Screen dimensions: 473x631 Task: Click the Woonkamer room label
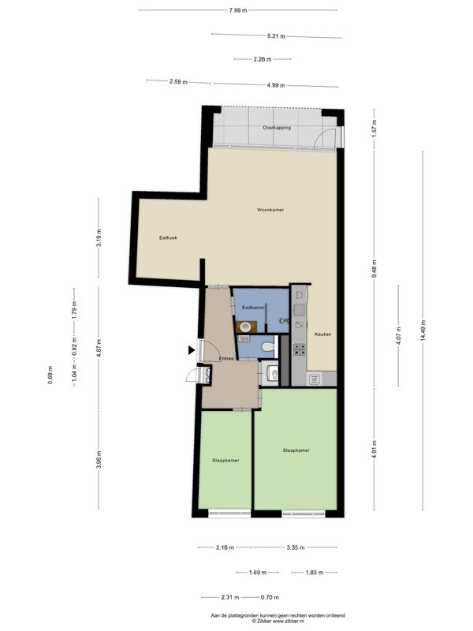[x=270, y=210]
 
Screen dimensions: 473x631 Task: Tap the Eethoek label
[x=168, y=238]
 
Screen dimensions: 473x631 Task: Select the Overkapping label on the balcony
[x=277, y=128]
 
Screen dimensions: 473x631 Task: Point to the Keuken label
[x=323, y=334]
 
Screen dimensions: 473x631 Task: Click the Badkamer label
[x=253, y=308]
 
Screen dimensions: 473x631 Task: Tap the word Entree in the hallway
[x=226, y=358]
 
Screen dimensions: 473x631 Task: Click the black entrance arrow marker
[x=192, y=350]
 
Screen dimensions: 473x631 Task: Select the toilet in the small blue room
[x=268, y=346]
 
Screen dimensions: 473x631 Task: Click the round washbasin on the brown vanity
[x=246, y=326]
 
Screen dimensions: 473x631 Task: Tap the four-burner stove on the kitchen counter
[x=300, y=349]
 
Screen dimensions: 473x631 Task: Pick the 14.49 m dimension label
[x=423, y=330]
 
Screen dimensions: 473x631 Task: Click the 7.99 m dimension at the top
[x=238, y=10]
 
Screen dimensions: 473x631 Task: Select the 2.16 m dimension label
[x=225, y=547]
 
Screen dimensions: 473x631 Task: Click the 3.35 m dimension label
[x=296, y=547]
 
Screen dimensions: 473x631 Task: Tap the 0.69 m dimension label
[x=50, y=375]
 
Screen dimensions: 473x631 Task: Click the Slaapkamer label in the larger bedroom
[x=296, y=450]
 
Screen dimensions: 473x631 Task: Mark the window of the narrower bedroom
[x=229, y=513]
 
